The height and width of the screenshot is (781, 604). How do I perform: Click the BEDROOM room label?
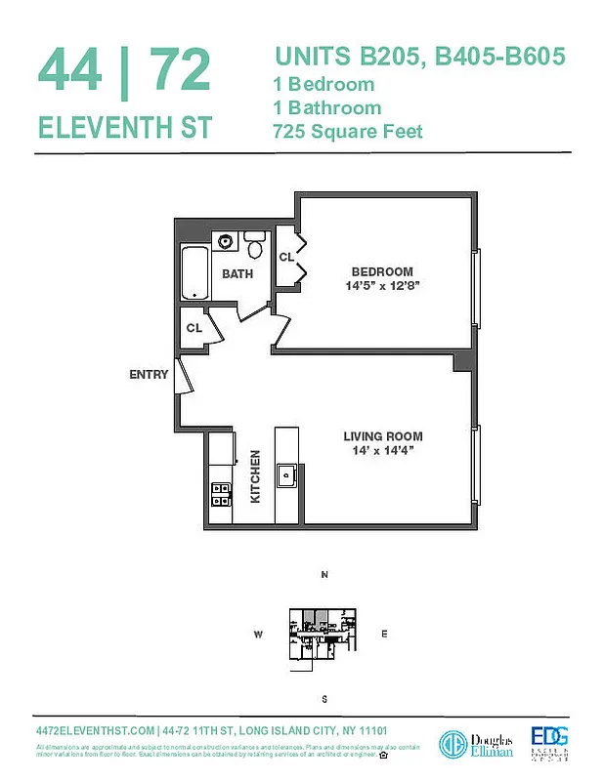[382, 271]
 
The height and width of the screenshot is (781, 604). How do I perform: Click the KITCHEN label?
[256, 476]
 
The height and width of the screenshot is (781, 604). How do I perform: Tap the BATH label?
[237, 274]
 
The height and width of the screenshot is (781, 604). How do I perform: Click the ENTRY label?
[149, 374]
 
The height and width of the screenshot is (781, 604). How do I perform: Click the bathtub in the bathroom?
[195, 272]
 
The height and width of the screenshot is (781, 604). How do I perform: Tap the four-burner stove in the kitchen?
[221, 495]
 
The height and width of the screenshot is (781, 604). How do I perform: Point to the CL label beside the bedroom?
[286, 258]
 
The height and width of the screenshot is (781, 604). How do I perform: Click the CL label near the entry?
[194, 328]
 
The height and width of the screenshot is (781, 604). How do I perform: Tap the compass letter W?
[259, 635]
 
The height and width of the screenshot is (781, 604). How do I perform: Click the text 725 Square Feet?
[348, 131]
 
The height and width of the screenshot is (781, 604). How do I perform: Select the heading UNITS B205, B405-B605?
[419, 57]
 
